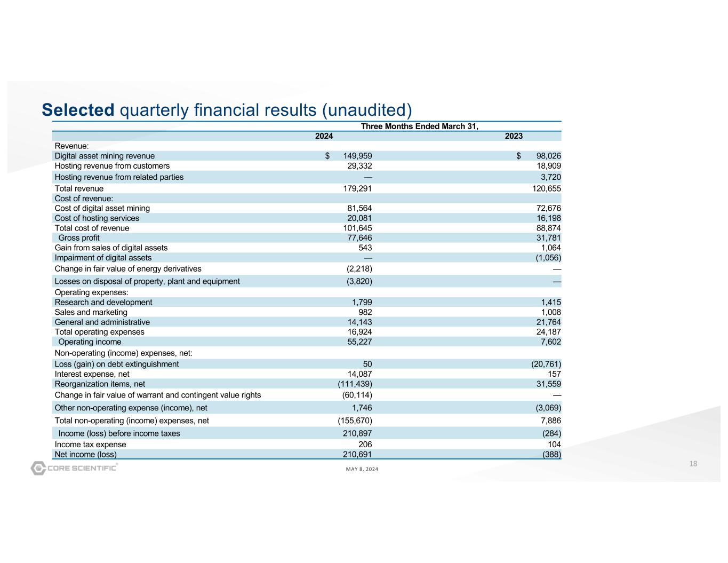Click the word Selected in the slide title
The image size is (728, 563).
pyautogui.click(x=78, y=110)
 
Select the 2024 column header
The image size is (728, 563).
pyautogui.click(x=324, y=136)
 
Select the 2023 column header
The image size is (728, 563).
pyautogui.click(x=514, y=136)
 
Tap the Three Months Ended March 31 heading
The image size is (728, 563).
pyautogui.click(x=420, y=126)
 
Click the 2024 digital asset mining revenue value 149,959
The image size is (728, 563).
pyautogui.click(x=357, y=156)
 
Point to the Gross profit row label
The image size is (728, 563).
pyautogui.click(x=79, y=238)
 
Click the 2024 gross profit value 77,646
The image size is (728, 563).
pyautogui.click(x=358, y=238)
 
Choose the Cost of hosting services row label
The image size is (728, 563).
pyautogui.click(x=97, y=218)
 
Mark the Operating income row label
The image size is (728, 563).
pyautogui.click(x=90, y=342)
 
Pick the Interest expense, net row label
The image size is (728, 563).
pyautogui.click(x=92, y=375)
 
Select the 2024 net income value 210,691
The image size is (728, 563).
pyautogui.click(x=356, y=455)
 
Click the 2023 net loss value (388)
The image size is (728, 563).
pyautogui.click(x=551, y=455)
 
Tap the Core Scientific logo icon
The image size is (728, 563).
pyautogui.click(x=38, y=468)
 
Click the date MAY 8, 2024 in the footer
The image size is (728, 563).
pyautogui.click(x=362, y=469)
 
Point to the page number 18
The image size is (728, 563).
pyautogui.click(x=693, y=464)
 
